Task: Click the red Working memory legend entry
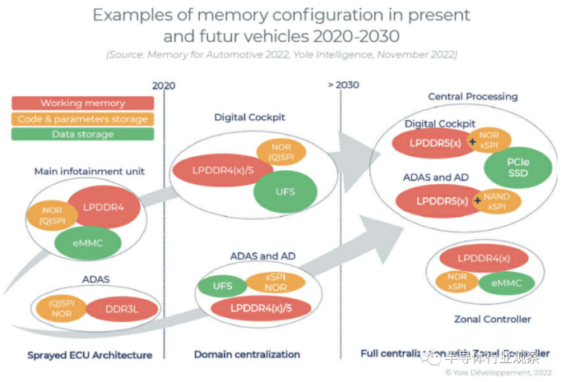click(82, 104)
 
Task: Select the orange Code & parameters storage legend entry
click(82, 119)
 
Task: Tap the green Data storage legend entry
click(82, 134)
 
